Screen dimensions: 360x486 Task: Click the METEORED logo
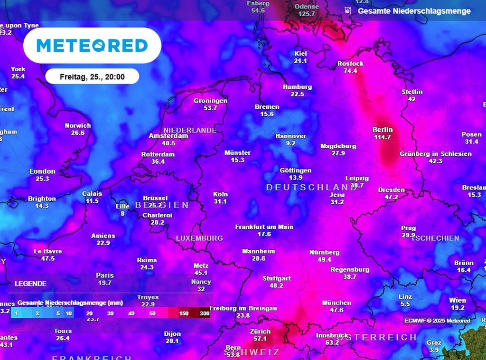[x=92, y=46]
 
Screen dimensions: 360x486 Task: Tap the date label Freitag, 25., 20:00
[x=92, y=76]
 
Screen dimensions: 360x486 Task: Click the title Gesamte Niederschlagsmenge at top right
[x=414, y=11]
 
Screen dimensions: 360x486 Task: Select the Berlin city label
[x=383, y=130]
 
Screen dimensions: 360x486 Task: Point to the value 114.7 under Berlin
[x=383, y=137]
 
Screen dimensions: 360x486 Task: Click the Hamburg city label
[x=297, y=87]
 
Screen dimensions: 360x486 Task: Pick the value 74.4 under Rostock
[x=350, y=71]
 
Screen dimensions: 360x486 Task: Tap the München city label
[x=336, y=303]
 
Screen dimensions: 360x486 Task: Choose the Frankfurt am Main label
[x=264, y=227]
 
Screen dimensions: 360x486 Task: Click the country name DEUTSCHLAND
[x=311, y=187]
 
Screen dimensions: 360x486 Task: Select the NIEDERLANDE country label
[x=190, y=130]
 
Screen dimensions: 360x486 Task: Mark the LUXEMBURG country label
[x=199, y=238]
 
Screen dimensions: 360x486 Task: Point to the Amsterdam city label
[x=168, y=136]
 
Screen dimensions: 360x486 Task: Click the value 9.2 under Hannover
[x=291, y=143]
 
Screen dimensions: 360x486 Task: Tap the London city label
[x=42, y=171]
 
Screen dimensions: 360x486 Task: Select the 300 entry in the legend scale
[x=205, y=313]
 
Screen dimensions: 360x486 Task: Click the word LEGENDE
[x=31, y=284]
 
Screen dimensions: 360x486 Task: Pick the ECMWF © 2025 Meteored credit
[x=437, y=321]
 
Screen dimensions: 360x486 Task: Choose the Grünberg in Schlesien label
[x=435, y=154]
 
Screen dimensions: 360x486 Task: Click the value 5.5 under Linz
[x=405, y=304]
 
